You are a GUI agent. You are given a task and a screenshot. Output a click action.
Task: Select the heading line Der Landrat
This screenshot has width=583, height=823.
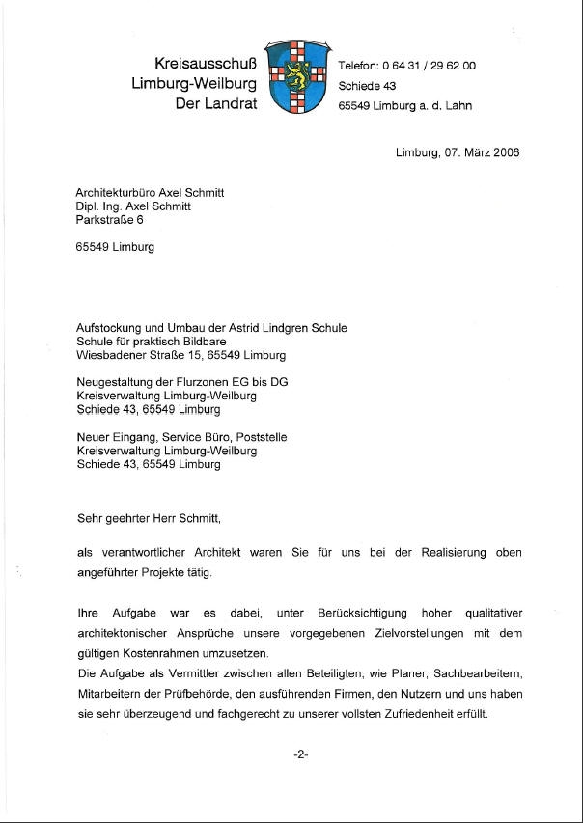click(216, 102)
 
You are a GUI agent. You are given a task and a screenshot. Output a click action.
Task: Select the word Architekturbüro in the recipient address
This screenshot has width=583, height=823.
click(115, 192)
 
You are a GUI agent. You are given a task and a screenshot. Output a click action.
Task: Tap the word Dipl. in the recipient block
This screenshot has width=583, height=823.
click(88, 206)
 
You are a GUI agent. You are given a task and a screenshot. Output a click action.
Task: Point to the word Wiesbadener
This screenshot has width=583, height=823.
click(110, 355)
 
